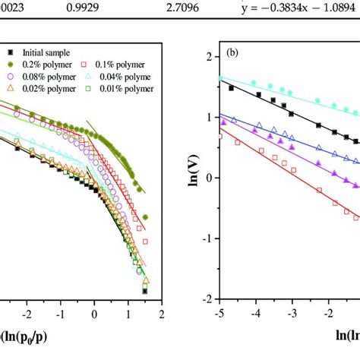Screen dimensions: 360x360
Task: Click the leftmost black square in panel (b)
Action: coord(232,89)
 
